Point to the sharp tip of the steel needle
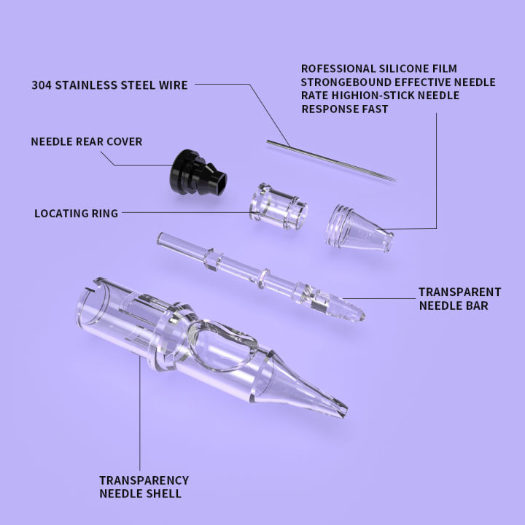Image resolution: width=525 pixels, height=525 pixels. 394,179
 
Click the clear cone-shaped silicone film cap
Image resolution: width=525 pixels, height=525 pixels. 358,221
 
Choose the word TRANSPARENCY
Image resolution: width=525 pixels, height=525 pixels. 144,481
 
